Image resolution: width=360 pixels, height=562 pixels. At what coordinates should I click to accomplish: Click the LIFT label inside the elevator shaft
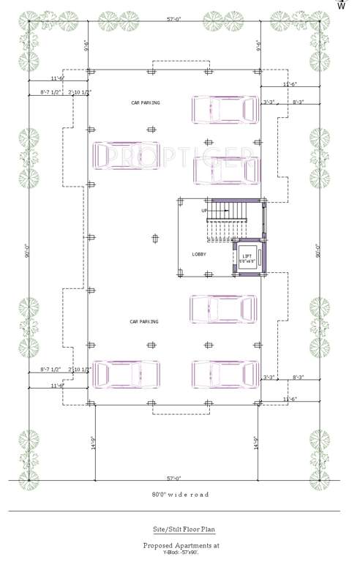pos(247,255)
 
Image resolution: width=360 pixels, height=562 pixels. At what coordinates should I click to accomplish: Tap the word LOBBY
pos(199,254)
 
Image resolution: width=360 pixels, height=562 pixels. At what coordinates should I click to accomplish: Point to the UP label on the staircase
pos(205,211)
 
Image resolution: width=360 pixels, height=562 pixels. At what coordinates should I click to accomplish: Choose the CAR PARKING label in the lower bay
pos(144,321)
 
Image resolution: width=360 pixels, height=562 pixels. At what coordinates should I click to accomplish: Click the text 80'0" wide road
pos(180,495)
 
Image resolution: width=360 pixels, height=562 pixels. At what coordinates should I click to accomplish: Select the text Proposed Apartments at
pos(180,545)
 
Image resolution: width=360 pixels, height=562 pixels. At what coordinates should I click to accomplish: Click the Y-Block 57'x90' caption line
pos(180,553)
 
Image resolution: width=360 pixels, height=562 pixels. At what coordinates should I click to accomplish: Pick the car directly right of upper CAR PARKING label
pos(225,110)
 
